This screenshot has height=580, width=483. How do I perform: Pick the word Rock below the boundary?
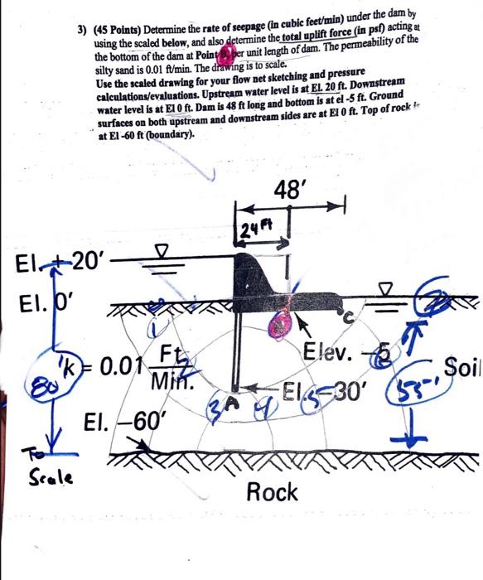tap(273, 493)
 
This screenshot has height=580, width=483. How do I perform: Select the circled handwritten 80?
tap(37, 382)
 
